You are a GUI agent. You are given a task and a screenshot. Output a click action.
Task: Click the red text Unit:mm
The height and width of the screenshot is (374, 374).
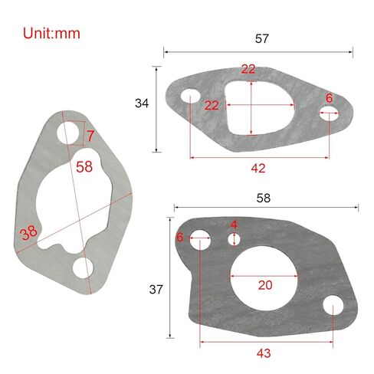tap(51, 34)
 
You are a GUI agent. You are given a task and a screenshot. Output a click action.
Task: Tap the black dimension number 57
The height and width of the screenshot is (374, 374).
tap(262, 38)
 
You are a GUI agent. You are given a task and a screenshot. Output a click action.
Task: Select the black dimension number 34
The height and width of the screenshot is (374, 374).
tap(142, 103)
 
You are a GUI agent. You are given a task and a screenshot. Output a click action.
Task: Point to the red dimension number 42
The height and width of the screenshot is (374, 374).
tap(258, 169)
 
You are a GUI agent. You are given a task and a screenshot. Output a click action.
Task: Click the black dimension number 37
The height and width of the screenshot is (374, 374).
tap(156, 290)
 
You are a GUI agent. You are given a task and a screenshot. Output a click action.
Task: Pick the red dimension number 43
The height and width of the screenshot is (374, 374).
tap(264, 353)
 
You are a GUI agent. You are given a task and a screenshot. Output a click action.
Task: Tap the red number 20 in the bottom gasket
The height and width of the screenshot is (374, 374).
tap(265, 285)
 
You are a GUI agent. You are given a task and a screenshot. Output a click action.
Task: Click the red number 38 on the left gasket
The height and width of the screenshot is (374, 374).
tap(28, 233)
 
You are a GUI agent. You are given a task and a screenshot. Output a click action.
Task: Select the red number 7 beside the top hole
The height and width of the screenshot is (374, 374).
tap(90, 136)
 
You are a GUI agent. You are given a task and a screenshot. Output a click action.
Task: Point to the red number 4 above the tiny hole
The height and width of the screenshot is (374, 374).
tap(234, 225)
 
